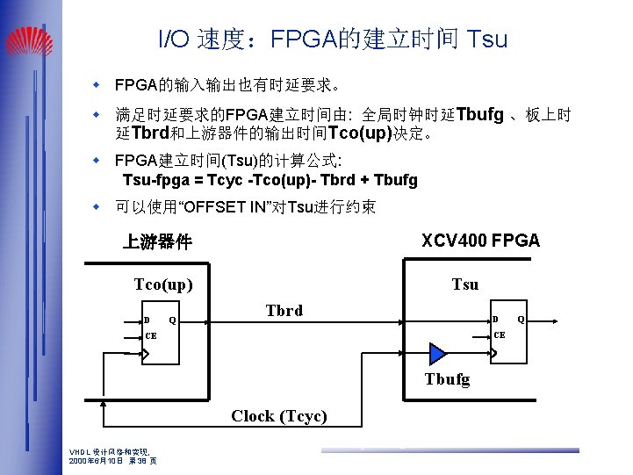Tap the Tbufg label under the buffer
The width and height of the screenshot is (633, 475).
(447, 379)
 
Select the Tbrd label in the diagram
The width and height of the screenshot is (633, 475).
(284, 310)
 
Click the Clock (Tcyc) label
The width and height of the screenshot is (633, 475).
(279, 416)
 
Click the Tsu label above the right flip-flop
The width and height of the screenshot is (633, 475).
(464, 284)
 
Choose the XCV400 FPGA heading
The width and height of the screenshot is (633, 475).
(480, 241)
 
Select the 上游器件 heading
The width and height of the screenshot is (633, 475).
(157, 241)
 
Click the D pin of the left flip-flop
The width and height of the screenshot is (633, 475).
(147, 320)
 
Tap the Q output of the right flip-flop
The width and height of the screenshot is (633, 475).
(521, 319)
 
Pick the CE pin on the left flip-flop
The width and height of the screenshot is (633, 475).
(151, 335)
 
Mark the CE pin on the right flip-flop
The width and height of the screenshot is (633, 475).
(500, 335)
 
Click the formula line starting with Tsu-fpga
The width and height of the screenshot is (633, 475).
(270, 180)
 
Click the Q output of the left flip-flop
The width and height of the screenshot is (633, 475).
(172, 320)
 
